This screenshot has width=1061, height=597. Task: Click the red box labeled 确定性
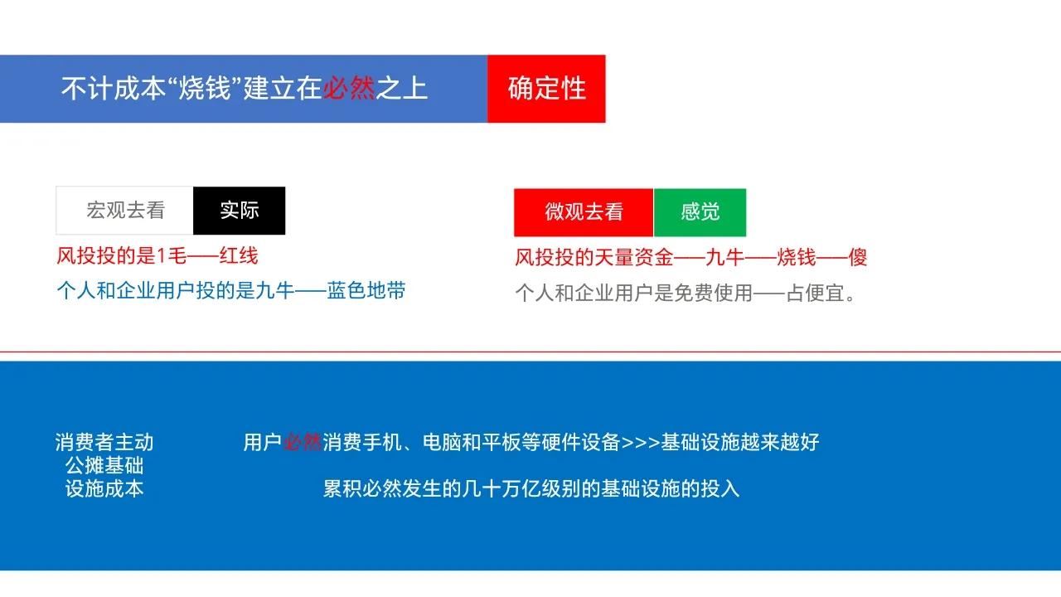click(x=546, y=89)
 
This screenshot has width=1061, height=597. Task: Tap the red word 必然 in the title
click(x=349, y=89)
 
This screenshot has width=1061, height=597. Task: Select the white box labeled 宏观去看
click(x=125, y=211)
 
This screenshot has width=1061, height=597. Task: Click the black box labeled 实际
click(x=240, y=211)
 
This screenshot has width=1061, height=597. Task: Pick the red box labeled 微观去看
click(x=584, y=212)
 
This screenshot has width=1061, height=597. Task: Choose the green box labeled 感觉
click(x=700, y=212)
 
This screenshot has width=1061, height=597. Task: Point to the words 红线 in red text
click(x=239, y=255)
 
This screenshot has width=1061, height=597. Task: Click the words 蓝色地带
click(x=366, y=291)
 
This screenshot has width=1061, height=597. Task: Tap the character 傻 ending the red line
click(x=857, y=257)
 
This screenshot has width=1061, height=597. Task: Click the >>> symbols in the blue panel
click(x=641, y=443)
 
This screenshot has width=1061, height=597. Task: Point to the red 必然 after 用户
click(x=303, y=443)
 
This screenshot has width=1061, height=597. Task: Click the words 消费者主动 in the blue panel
click(x=104, y=443)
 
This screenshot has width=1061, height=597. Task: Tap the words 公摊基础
click(x=104, y=466)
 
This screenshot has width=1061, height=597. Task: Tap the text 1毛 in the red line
click(x=168, y=255)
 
